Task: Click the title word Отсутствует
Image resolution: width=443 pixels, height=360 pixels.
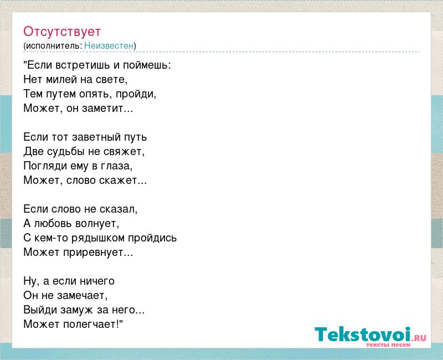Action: (x=62, y=32)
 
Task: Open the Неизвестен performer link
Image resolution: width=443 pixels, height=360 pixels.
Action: (x=109, y=45)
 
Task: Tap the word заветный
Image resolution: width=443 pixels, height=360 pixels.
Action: (x=95, y=137)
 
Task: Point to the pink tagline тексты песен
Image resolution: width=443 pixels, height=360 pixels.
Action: (x=388, y=344)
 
